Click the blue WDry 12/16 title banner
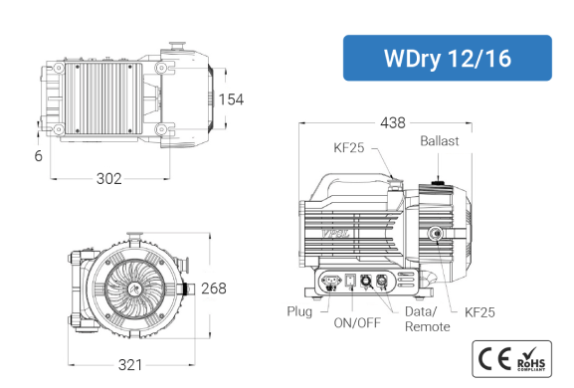click(448, 58)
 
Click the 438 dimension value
click(393, 123)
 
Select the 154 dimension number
click(231, 99)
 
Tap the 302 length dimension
click(108, 179)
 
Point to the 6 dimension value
click(39, 156)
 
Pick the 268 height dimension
click(214, 289)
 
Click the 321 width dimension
click(130, 365)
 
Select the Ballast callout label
click(440, 141)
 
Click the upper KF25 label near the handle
click(349, 147)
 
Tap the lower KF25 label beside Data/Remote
click(479, 312)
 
